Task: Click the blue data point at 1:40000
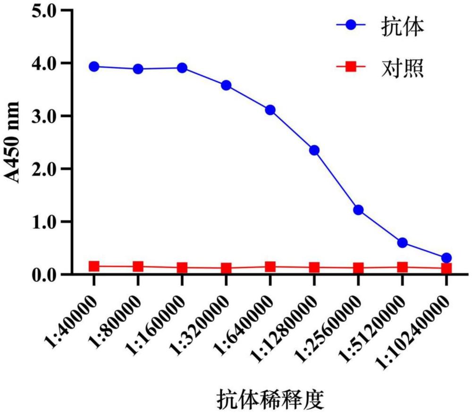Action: click(x=94, y=67)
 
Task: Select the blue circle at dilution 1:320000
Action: click(x=226, y=86)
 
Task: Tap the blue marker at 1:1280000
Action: click(x=314, y=150)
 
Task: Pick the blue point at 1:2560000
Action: click(x=358, y=210)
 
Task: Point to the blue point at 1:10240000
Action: click(x=447, y=258)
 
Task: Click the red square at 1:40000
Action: click(x=94, y=266)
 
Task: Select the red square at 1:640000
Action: click(x=270, y=267)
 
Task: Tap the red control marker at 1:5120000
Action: click(x=403, y=267)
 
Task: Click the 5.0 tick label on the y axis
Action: click(x=44, y=11)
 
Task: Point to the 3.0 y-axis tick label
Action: click(x=44, y=116)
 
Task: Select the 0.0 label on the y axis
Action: click(x=44, y=275)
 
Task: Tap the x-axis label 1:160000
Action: click(x=155, y=325)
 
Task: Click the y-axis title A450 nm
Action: click(x=13, y=142)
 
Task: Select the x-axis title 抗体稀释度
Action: click(x=270, y=399)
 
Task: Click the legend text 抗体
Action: click(x=403, y=26)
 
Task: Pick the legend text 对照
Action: click(x=403, y=68)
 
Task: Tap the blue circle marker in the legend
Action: click(x=351, y=25)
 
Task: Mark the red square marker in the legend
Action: click(x=351, y=67)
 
